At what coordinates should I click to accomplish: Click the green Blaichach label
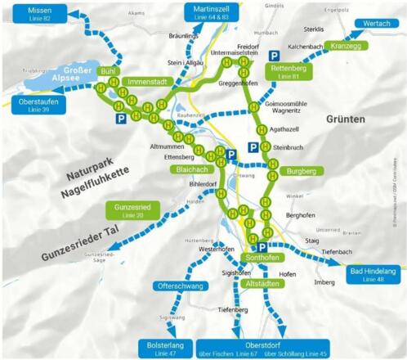point(192,169)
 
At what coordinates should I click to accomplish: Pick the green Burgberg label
point(303,171)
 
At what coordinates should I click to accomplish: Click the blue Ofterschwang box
point(177,286)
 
